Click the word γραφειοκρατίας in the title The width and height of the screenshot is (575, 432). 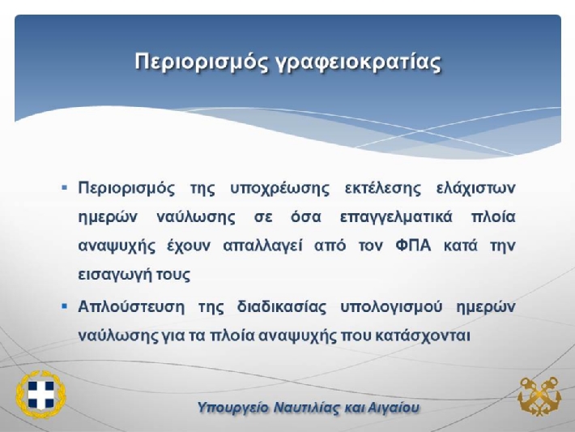pyautogui.click(x=358, y=62)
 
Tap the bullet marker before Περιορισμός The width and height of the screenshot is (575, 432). pyautogui.click(x=65, y=188)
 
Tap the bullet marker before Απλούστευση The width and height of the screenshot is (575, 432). pyautogui.click(x=65, y=306)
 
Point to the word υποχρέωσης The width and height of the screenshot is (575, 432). pyautogui.click(x=279, y=189)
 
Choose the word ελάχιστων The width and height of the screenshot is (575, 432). pyautogui.click(x=476, y=189)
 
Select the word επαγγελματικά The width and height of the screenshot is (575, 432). pyautogui.click(x=396, y=217)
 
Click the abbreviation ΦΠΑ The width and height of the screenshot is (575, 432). pyautogui.click(x=413, y=246)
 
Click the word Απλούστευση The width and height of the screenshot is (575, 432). pyautogui.click(x=131, y=306)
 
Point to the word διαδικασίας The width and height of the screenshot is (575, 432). pyautogui.click(x=282, y=306)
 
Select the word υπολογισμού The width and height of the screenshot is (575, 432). pyautogui.click(x=391, y=307)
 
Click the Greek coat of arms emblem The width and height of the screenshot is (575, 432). pyautogui.click(x=40, y=394)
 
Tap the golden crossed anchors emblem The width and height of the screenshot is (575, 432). pyautogui.click(x=539, y=396)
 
